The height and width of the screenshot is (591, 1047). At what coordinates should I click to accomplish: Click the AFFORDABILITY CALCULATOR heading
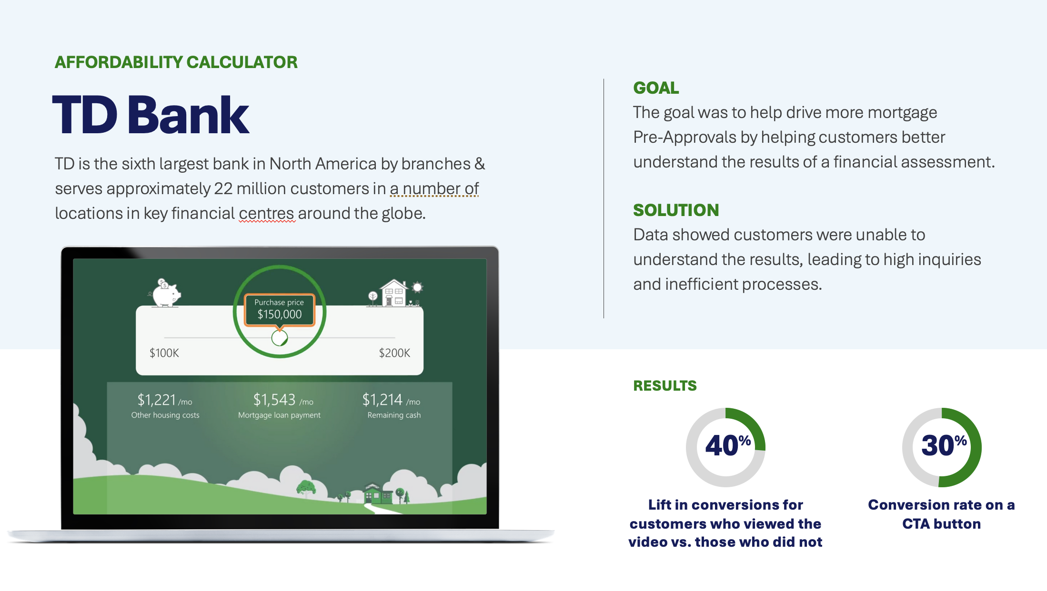click(176, 62)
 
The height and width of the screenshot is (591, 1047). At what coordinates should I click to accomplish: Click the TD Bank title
click(151, 115)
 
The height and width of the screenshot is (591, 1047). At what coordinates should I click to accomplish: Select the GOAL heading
click(656, 88)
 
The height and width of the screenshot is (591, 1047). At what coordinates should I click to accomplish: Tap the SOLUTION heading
click(676, 210)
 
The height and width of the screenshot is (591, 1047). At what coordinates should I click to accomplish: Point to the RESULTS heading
click(665, 385)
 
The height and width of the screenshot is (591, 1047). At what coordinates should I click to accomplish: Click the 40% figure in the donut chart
click(728, 445)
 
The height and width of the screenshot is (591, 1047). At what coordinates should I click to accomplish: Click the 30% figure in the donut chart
click(944, 445)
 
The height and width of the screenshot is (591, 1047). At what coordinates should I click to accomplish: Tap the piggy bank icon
click(165, 293)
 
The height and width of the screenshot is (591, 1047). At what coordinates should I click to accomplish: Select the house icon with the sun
click(395, 293)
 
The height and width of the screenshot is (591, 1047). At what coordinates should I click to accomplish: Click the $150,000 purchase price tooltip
click(280, 310)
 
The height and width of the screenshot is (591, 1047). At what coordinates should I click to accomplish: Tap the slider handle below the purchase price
click(280, 338)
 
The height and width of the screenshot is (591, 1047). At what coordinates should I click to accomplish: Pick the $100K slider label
click(164, 353)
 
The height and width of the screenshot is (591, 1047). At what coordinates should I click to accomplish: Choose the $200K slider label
click(394, 353)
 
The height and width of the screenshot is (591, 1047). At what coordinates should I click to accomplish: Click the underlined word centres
click(267, 214)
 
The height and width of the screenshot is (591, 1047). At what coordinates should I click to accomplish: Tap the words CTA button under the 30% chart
click(941, 524)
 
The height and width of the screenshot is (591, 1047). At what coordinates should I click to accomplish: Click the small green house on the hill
click(378, 494)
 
